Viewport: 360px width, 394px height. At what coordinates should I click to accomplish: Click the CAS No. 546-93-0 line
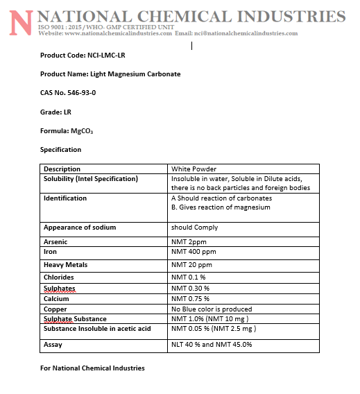pyautogui.click(x=67, y=93)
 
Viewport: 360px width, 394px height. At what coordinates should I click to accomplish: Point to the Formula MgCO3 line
pyautogui.click(x=67, y=131)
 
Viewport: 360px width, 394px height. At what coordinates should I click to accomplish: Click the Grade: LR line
pyautogui.click(x=55, y=112)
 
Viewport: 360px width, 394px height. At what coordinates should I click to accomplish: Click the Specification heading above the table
pyautogui.click(x=60, y=150)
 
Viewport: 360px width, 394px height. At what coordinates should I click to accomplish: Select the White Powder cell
pyautogui.click(x=194, y=169)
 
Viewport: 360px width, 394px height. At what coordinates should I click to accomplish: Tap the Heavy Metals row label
pyautogui.click(x=65, y=264)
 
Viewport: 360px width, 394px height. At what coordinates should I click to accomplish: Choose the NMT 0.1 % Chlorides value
pyautogui.click(x=189, y=277)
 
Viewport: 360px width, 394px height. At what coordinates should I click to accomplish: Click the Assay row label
pyautogui.click(x=53, y=344)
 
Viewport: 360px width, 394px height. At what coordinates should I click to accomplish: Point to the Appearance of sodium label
pyautogui.click(x=80, y=228)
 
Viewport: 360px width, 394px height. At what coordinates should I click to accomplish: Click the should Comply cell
pyautogui.click(x=194, y=228)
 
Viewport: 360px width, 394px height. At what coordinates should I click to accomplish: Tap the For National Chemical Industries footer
pyautogui.click(x=92, y=368)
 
